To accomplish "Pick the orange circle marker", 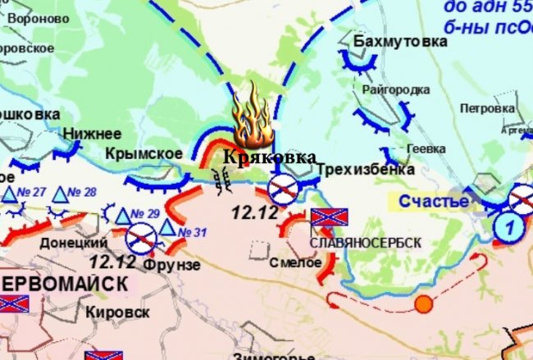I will pyautogui.click(x=423, y=305).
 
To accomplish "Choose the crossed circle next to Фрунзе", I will pyautogui.click(x=141, y=239).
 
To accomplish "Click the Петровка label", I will pyautogui.click(x=487, y=107).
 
